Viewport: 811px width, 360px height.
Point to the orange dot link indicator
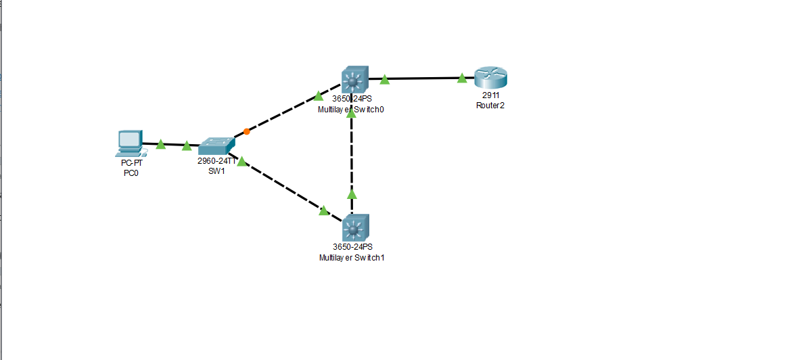[x=246, y=131]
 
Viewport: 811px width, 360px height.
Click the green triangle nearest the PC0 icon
[x=161, y=144]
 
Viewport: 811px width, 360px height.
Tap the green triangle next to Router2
[x=462, y=78]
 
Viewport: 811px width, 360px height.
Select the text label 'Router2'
[x=490, y=106]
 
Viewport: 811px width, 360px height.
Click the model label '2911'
[x=490, y=95]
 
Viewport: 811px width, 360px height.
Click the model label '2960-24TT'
[x=216, y=161]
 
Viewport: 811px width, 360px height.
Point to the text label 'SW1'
[x=216, y=171]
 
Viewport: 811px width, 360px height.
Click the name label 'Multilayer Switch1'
[x=352, y=258]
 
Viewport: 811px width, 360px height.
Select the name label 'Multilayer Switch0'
[x=352, y=109]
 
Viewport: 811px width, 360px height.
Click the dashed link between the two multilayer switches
[x=352, y=162]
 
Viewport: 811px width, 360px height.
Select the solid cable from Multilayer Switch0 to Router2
[x=423, y=78]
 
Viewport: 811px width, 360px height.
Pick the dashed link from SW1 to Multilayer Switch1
[x=284, y=187]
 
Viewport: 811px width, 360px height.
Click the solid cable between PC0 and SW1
[x=174, y=145]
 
